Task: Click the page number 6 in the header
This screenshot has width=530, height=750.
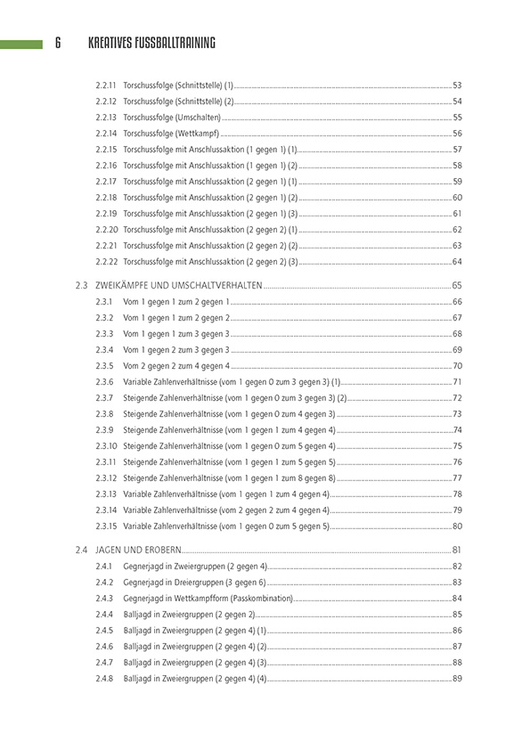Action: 58,43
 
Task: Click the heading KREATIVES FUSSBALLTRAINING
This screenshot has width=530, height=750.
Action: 152,43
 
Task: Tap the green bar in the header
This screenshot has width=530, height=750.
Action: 21,43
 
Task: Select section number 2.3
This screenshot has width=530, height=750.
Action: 82,286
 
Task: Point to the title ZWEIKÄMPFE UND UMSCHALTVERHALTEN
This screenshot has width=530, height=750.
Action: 178,286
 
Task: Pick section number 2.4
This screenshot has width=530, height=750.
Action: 82,550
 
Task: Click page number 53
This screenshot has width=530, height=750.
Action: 457,86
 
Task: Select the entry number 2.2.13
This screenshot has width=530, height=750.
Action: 106,118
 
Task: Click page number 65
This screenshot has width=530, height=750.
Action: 457,286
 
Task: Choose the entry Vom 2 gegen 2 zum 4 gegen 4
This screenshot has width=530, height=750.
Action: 176,366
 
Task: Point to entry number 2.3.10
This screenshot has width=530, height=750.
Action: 106,446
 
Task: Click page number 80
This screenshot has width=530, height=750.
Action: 457,526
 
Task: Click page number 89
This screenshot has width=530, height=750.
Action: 457,679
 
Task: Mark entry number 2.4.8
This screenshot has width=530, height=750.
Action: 103,679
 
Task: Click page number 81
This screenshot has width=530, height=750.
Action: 457,550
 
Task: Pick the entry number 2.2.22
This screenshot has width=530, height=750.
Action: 106,262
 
